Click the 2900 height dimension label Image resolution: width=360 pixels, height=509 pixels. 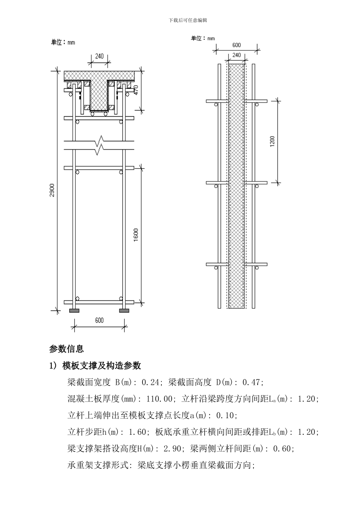[53, 190]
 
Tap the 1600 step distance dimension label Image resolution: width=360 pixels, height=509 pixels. [136, 235]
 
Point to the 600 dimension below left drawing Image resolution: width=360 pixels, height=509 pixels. [99, 320]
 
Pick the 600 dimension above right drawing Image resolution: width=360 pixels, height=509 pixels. [236, 45]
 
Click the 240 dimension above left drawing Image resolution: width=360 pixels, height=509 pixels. [99, 56]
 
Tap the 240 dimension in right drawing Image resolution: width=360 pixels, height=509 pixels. [236, 55]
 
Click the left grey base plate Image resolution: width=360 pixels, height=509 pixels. [74, 311]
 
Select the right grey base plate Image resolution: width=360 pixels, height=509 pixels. [124, 311]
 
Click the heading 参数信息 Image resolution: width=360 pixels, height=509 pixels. [66, 348]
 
